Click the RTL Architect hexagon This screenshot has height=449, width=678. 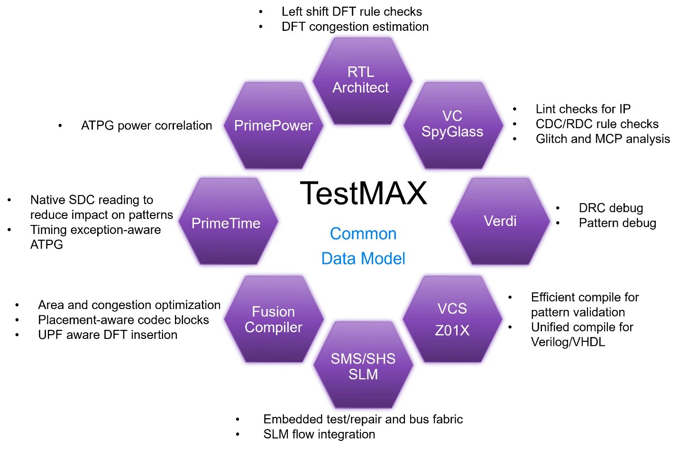[x=361, y=80]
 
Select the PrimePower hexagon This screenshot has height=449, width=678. [x=273, y=126]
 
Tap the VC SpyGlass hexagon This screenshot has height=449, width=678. [x=452, y=124]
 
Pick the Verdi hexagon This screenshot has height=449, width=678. [x=500, y=221]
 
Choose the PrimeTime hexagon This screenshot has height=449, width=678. [x=226, y=223]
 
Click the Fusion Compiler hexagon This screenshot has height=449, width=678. [x=273, y=319]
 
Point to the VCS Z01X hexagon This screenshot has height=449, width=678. [x=452, y=319]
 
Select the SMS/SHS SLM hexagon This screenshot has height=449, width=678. [x=363, y=366]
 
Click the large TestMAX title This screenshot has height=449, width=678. [x=364, y=193]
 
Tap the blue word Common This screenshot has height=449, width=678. [x=363, y=234]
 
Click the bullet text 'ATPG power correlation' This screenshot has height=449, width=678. [x=147, y=126]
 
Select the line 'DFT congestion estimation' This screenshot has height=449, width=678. [x=355, y=27]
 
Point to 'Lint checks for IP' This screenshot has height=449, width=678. [x=583, y=109]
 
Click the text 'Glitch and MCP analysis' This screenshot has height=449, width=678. [x=603, y=139]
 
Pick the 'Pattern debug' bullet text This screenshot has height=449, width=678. [x=617, y=223]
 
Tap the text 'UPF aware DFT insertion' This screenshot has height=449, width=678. [x=108, y=335]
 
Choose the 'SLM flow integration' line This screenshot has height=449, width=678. [x=319, y=434]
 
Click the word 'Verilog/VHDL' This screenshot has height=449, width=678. [x=568, y=342]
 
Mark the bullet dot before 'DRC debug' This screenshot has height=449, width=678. [x=558, y=208]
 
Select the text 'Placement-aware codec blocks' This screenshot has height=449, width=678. [x=123, y=320]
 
